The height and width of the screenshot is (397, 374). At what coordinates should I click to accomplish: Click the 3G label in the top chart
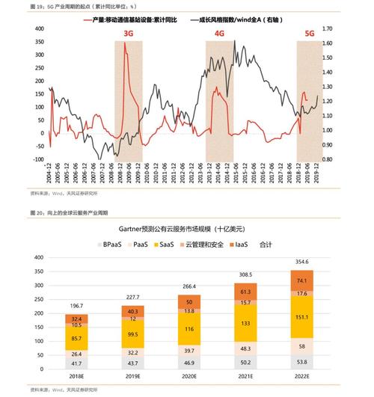[x=128, y=34]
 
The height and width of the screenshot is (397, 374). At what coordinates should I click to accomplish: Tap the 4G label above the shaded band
[x=220, y=34]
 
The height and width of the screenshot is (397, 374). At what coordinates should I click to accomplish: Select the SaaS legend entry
[x=165, y=244]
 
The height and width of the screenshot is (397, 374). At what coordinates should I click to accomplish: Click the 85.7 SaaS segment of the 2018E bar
[x=76, y=339]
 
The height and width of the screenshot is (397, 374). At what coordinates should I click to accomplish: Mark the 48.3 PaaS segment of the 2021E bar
[x=245, y=348]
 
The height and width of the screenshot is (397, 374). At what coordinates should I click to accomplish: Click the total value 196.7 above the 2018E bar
[x=76, y=306]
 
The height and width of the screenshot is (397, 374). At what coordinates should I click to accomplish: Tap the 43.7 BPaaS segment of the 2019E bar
[x=132, y=363]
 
